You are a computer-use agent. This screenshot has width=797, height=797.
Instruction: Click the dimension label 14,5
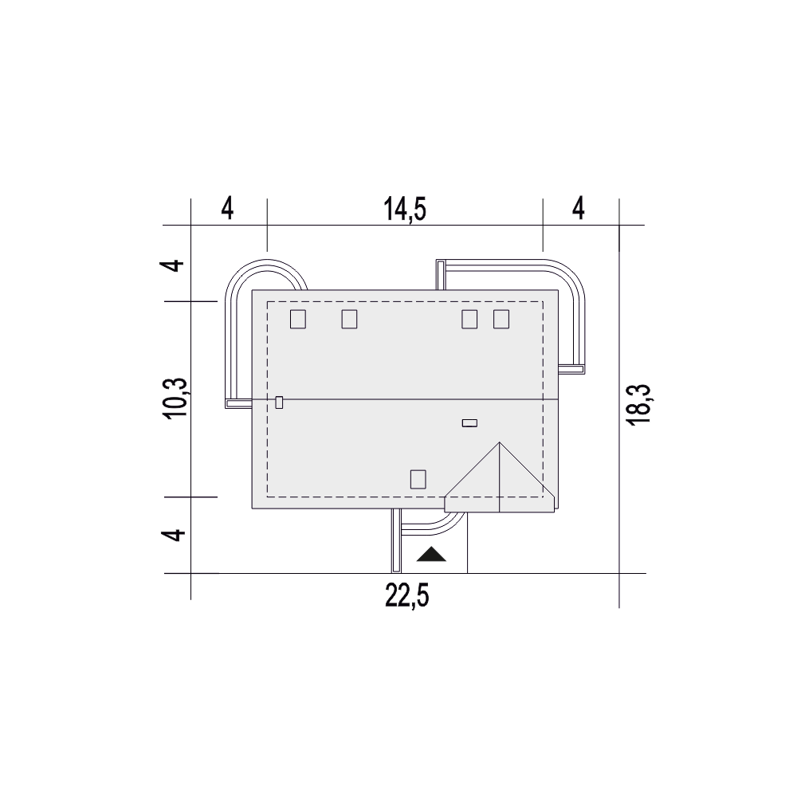click(x=405, y=210)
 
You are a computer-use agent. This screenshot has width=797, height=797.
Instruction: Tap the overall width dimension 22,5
click(x=407, y=596)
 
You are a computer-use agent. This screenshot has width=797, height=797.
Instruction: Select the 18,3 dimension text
click(x=640, y=405)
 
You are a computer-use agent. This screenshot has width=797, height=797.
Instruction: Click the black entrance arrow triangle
click(x=431, y=554)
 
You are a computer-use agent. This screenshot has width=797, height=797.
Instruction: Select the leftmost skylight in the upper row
click(x=298, y=320)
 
